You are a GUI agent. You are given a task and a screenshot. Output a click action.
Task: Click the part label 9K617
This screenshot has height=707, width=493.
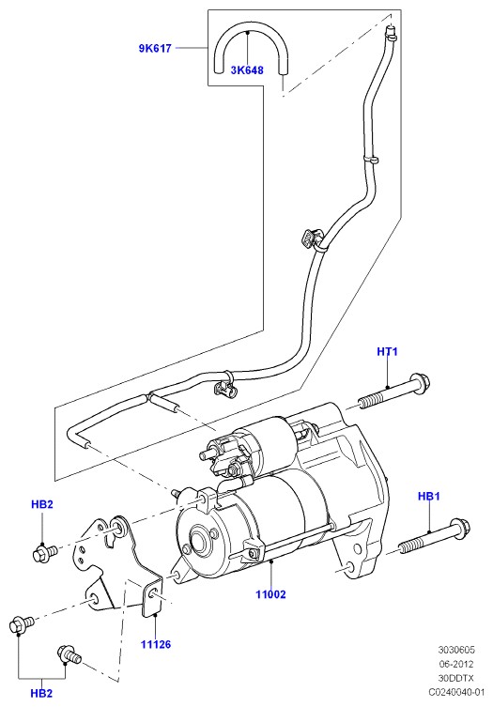tap(155, 48)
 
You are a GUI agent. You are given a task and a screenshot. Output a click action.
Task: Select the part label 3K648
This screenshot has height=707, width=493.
tap(247, 70)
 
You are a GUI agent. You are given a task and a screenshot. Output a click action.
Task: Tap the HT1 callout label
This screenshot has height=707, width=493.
tap(387, 351)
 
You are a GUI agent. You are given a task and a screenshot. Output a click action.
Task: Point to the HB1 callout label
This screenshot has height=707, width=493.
tap(428, 497)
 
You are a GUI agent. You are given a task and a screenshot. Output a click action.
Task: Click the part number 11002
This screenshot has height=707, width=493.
tap(270, 594)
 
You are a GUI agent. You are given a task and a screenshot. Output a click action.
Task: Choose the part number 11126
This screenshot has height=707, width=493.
tap(156, 644)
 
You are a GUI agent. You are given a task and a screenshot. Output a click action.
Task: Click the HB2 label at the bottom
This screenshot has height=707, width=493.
tap(41, 694)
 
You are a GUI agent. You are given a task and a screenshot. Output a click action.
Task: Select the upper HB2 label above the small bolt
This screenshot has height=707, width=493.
tap(42, 504)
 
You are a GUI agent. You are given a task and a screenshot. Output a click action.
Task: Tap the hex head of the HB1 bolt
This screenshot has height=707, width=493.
tap(460, 528)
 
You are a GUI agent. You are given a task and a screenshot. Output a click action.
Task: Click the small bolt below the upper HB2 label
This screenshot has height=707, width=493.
tap(45, 552)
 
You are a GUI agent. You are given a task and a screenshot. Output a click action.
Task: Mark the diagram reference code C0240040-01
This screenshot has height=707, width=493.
tap(456, 692)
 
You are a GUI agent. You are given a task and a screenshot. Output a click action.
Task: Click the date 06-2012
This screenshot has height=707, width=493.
tap(456, 664)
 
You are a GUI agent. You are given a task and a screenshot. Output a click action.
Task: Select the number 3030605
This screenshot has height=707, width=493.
tap(456, 650)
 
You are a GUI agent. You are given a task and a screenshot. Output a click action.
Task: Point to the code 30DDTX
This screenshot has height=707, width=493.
tap(456, 678)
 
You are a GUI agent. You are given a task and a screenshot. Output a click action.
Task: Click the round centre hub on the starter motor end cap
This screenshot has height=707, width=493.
tap(198, 540)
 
